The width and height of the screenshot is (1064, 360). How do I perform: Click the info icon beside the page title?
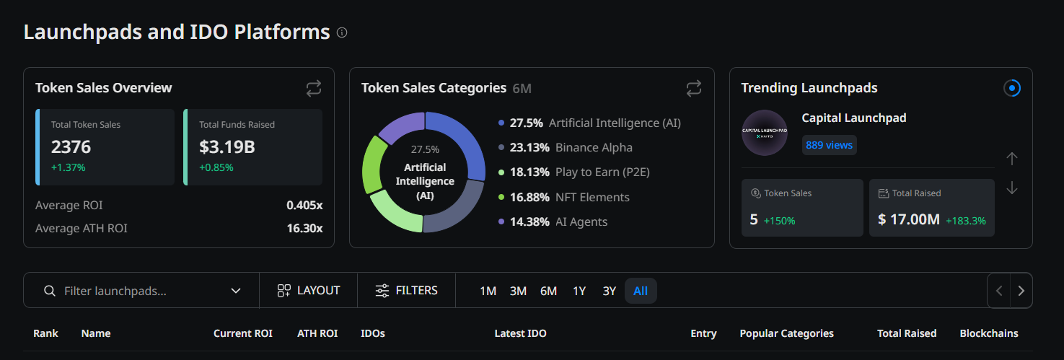[x=342, y=32]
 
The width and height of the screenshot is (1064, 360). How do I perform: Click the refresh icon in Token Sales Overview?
[x=314, y=88]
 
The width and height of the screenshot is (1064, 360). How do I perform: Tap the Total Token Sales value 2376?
[x=71, y=146]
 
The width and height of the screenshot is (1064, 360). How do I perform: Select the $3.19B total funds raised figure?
[x=227, y=146]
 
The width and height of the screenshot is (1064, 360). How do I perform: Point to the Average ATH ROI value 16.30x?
[x=304, y=229]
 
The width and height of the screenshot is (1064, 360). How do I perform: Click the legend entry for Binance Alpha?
[x=566, y=147]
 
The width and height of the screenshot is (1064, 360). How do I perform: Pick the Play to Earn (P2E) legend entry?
[x=573, y=172]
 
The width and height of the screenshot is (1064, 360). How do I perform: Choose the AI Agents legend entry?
[x=553, y=221]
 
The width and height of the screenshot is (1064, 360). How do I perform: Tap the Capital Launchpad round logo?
[x=765, y=133]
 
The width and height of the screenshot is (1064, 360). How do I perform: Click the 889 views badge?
[x=829, y=145]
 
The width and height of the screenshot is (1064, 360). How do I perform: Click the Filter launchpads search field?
[x=141, y=291]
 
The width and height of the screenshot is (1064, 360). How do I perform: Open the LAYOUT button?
[x=309, y=291]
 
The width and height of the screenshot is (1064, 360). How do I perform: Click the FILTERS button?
[x=407, y=291]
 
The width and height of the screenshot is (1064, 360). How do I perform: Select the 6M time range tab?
[x=548, y=291]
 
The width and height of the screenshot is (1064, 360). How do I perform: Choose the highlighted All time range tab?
[x=641, y=291]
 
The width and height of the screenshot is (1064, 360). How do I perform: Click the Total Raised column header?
[x=907, y=333]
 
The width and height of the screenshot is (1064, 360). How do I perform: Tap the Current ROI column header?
[x=242, y=333]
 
